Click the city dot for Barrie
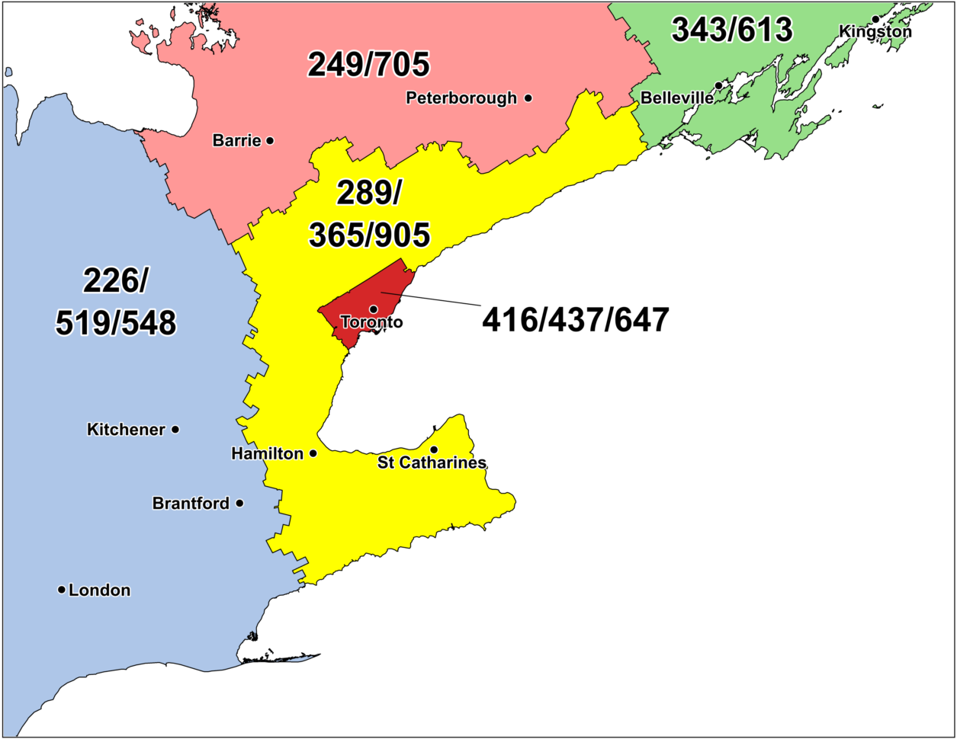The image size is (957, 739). [270, 140]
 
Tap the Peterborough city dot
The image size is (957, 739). [528, 98]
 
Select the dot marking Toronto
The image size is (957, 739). [374, 309]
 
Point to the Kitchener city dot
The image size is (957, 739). [175, 430]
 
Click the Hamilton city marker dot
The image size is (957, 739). [313, 453]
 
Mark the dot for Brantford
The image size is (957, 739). [239, 503]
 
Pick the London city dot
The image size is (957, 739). [62, 590]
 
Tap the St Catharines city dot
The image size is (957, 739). [434, 449]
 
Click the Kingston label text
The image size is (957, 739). [875, 32]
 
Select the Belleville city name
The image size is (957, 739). [677, 98]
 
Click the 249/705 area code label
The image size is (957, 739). [368, 66]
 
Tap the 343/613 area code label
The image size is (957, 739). [731, 30]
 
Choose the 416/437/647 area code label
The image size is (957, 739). [575, 320]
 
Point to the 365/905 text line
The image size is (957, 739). [369, 235]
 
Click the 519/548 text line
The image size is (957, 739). [115, 322]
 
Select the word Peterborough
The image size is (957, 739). [461, 98]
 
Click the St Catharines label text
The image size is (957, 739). [432, 463]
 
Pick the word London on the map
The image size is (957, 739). [99, 590]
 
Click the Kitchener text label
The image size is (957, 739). [126, 430]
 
